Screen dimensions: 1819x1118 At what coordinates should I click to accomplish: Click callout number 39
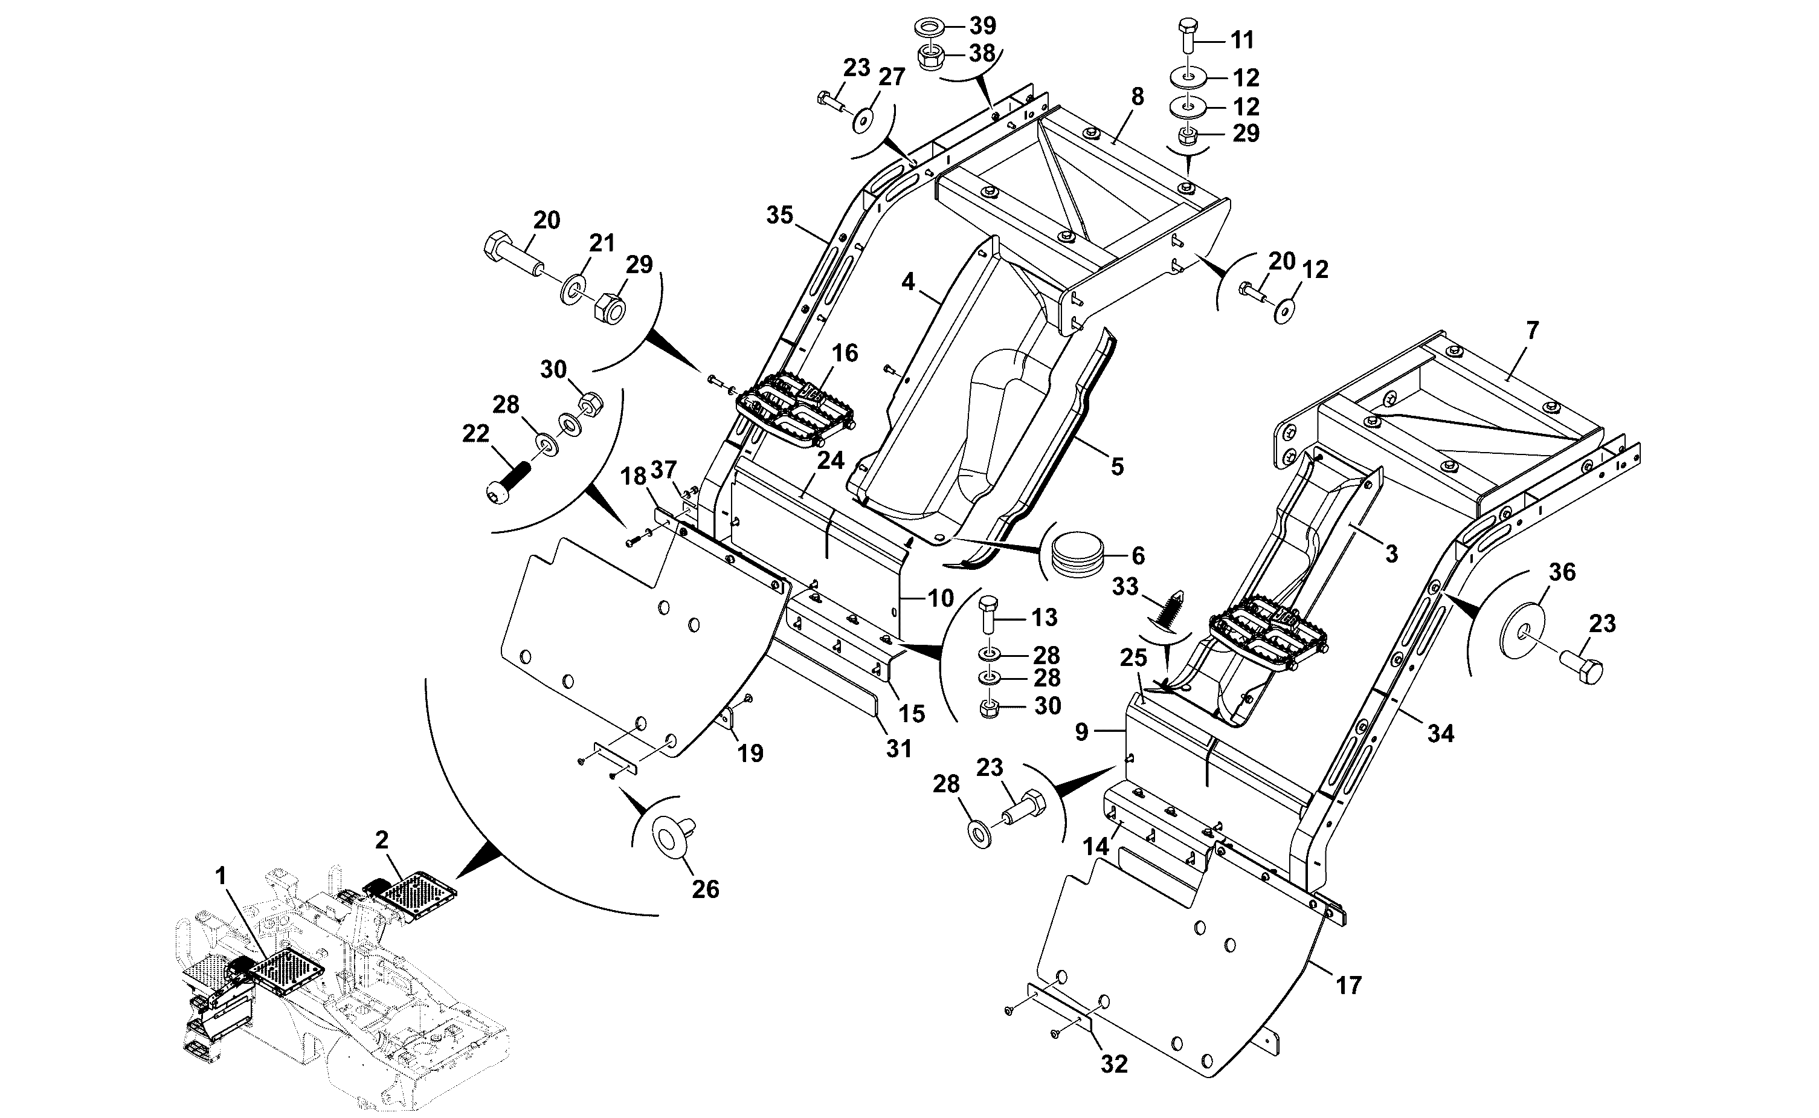point(982,26)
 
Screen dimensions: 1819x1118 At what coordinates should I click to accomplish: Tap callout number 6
point(1138,555)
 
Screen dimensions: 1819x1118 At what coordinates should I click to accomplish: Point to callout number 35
point(779,215)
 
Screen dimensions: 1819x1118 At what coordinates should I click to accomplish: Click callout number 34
point(1441,734)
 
